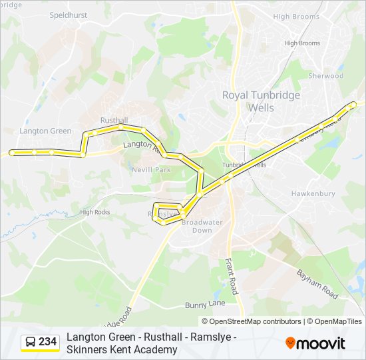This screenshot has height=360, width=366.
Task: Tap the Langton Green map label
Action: click(45, 131)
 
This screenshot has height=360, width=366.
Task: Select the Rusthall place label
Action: click(114, 120)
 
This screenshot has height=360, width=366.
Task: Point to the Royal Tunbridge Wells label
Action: click(261, 101)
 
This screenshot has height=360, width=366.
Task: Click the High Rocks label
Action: click(94, 212)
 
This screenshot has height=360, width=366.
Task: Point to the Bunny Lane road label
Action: click(205, 303)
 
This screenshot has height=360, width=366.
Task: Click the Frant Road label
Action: click(231, 277)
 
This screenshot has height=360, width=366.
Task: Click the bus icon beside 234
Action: click(31, 342)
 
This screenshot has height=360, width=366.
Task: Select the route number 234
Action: click(48, 342)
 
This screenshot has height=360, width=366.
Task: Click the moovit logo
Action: click(315, 343)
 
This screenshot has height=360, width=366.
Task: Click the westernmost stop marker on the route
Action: click(12, 153)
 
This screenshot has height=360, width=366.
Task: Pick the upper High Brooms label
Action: click(297, 17)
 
